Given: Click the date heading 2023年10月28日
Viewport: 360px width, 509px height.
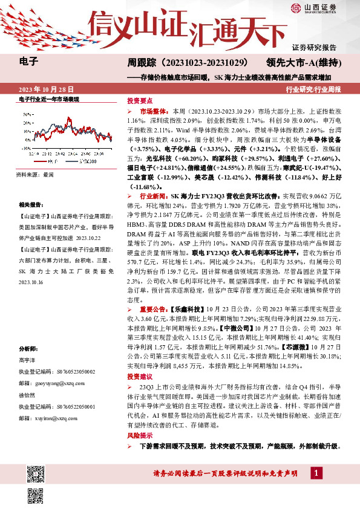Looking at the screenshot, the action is (x=41, y=89).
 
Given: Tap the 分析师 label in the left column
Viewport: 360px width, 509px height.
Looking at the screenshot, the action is (x=28, y=349).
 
